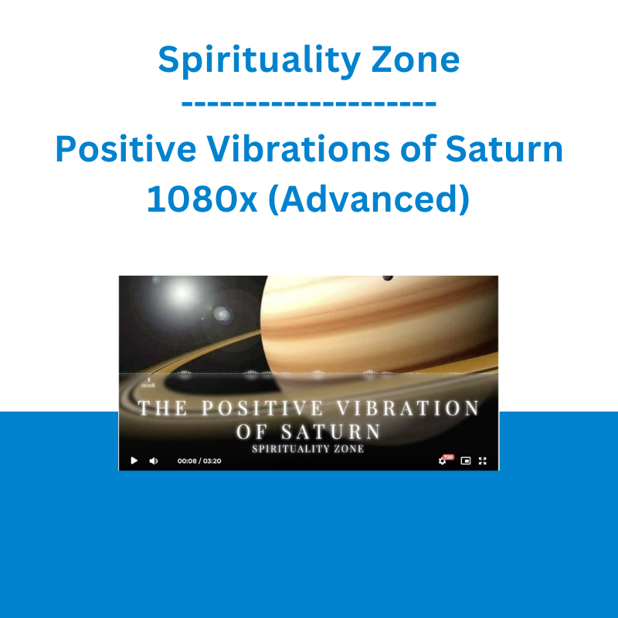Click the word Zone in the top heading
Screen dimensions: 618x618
coord(416,59)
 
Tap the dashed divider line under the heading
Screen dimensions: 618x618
coord(308,104)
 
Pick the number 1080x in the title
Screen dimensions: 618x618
coord(202,199)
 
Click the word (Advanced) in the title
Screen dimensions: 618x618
coord(369,199)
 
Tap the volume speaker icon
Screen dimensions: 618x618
coord(153,460)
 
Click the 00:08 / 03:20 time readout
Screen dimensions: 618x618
coord(199,460)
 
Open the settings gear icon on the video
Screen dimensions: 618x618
coord(442,461)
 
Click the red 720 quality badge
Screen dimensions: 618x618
coord(449,457)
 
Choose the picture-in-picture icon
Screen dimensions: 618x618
coord(466,460)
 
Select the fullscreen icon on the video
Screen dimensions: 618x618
coord(483,460)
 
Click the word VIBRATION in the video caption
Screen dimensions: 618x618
coord(408,408)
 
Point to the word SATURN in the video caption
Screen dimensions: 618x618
coord(331,432)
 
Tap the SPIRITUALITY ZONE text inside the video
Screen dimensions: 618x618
coord(307,449)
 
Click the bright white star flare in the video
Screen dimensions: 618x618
coord(182,294)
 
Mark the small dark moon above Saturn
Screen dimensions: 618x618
coord(388,278)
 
